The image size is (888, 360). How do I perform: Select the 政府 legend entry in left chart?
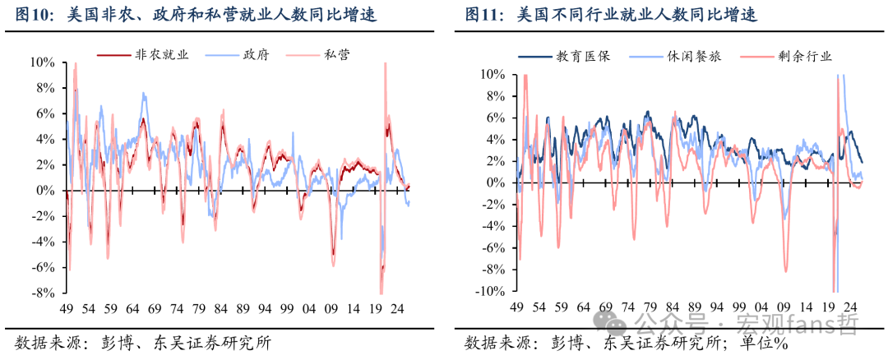tap(237, 54)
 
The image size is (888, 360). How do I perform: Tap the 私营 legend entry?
tap(317, 54)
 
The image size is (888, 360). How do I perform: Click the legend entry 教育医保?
tap(564, 56)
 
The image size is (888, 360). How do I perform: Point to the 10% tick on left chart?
tap(43, 62)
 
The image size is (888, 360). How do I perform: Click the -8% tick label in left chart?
tap(44, 293)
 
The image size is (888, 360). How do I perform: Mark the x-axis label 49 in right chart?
tap(516, 308)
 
